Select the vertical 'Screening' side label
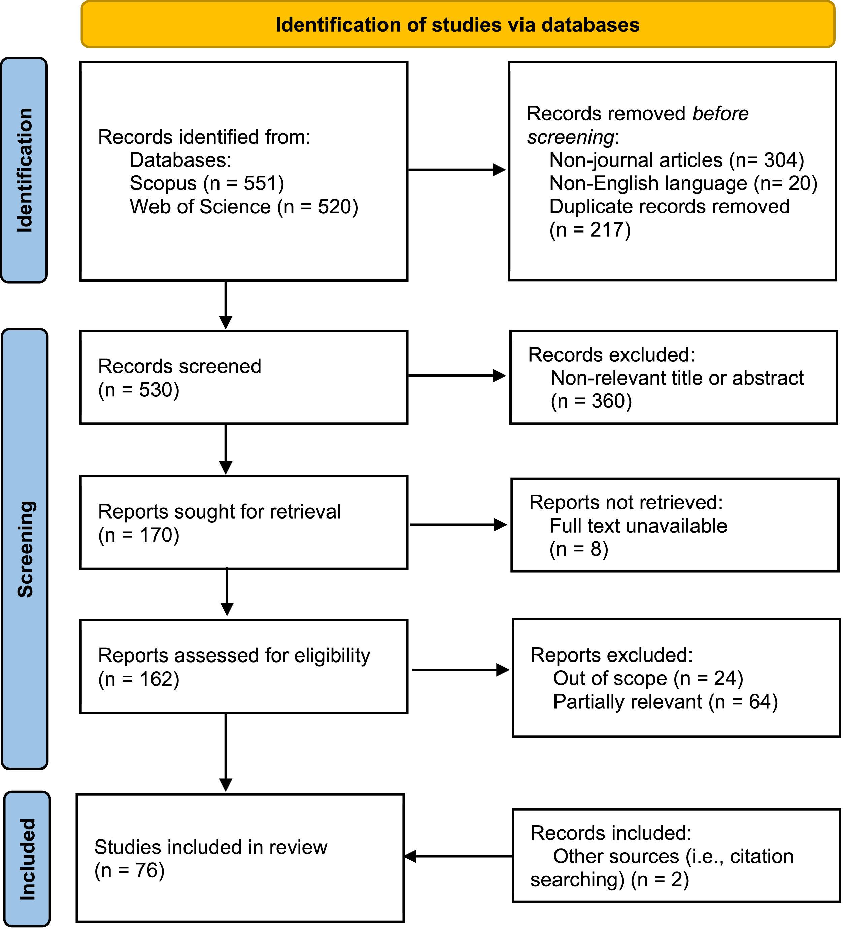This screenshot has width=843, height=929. point(25,549)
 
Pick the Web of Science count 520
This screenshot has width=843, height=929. point(332,207)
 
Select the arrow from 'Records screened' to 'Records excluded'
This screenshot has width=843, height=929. point(457,376)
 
